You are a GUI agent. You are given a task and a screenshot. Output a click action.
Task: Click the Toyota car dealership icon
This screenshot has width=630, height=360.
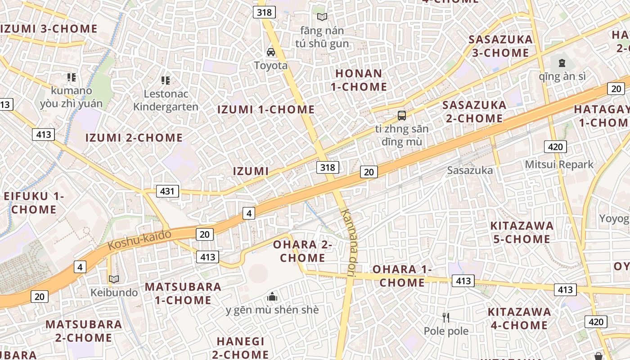[x=271, y=52]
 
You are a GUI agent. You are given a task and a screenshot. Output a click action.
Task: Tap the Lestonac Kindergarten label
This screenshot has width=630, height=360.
[x=166, y=100]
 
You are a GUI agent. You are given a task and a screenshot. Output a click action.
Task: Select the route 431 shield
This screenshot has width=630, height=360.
[x=167, y=191]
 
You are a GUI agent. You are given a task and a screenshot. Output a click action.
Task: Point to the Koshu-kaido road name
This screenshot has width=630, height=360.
[x=139, y=239]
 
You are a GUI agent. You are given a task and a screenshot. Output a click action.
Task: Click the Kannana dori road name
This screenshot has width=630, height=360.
[x=349, y=238]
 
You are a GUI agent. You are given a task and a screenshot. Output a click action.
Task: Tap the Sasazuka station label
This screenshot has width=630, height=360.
[x=470, y=171]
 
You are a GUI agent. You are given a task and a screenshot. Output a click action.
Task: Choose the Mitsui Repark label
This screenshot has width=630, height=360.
[x=559, y=164]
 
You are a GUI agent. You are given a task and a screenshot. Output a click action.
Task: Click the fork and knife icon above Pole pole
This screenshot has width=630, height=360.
[x=446, y=318]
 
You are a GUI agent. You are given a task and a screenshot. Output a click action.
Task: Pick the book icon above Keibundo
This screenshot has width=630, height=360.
[x=114, y=279]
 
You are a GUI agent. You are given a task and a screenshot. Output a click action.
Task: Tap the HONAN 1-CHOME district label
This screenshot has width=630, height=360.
[x=359, y=80]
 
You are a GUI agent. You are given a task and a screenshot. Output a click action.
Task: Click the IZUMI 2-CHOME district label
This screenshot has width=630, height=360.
[x=134, y=138]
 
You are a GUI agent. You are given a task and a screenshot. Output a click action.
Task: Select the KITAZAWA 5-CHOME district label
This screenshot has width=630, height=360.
[x=522, y=232]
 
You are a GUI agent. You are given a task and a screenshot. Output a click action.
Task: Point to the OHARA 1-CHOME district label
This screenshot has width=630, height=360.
[x=402, y=276]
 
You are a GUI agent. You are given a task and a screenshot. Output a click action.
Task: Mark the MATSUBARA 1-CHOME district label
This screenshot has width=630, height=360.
[x=183, y=293]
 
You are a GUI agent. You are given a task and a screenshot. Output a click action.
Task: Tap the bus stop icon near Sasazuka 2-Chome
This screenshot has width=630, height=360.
[x=402, y=116]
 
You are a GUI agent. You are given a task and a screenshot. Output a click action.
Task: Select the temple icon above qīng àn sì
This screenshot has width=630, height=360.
[x=562, y=63]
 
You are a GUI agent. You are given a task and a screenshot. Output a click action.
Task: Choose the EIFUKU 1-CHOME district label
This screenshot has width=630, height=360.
[x=34, y=203]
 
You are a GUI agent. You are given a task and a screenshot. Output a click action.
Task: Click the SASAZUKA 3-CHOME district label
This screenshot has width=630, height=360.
[x=500, y=46]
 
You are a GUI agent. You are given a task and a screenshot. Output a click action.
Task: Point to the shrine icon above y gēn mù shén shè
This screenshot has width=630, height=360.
[x=272, y=297]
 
